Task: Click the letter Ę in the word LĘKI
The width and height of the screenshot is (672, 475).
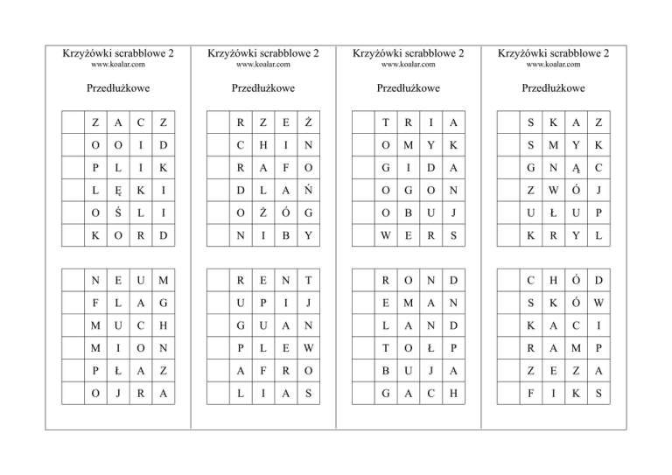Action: (x=118, y=190)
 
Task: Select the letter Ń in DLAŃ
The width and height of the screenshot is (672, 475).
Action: (x=311, y=190)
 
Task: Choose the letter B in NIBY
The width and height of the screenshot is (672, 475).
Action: (x=286, y=237)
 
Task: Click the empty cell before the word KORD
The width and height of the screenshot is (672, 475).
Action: (x=71, y=237)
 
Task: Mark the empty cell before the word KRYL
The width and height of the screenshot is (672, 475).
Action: (x=505, y=237)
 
